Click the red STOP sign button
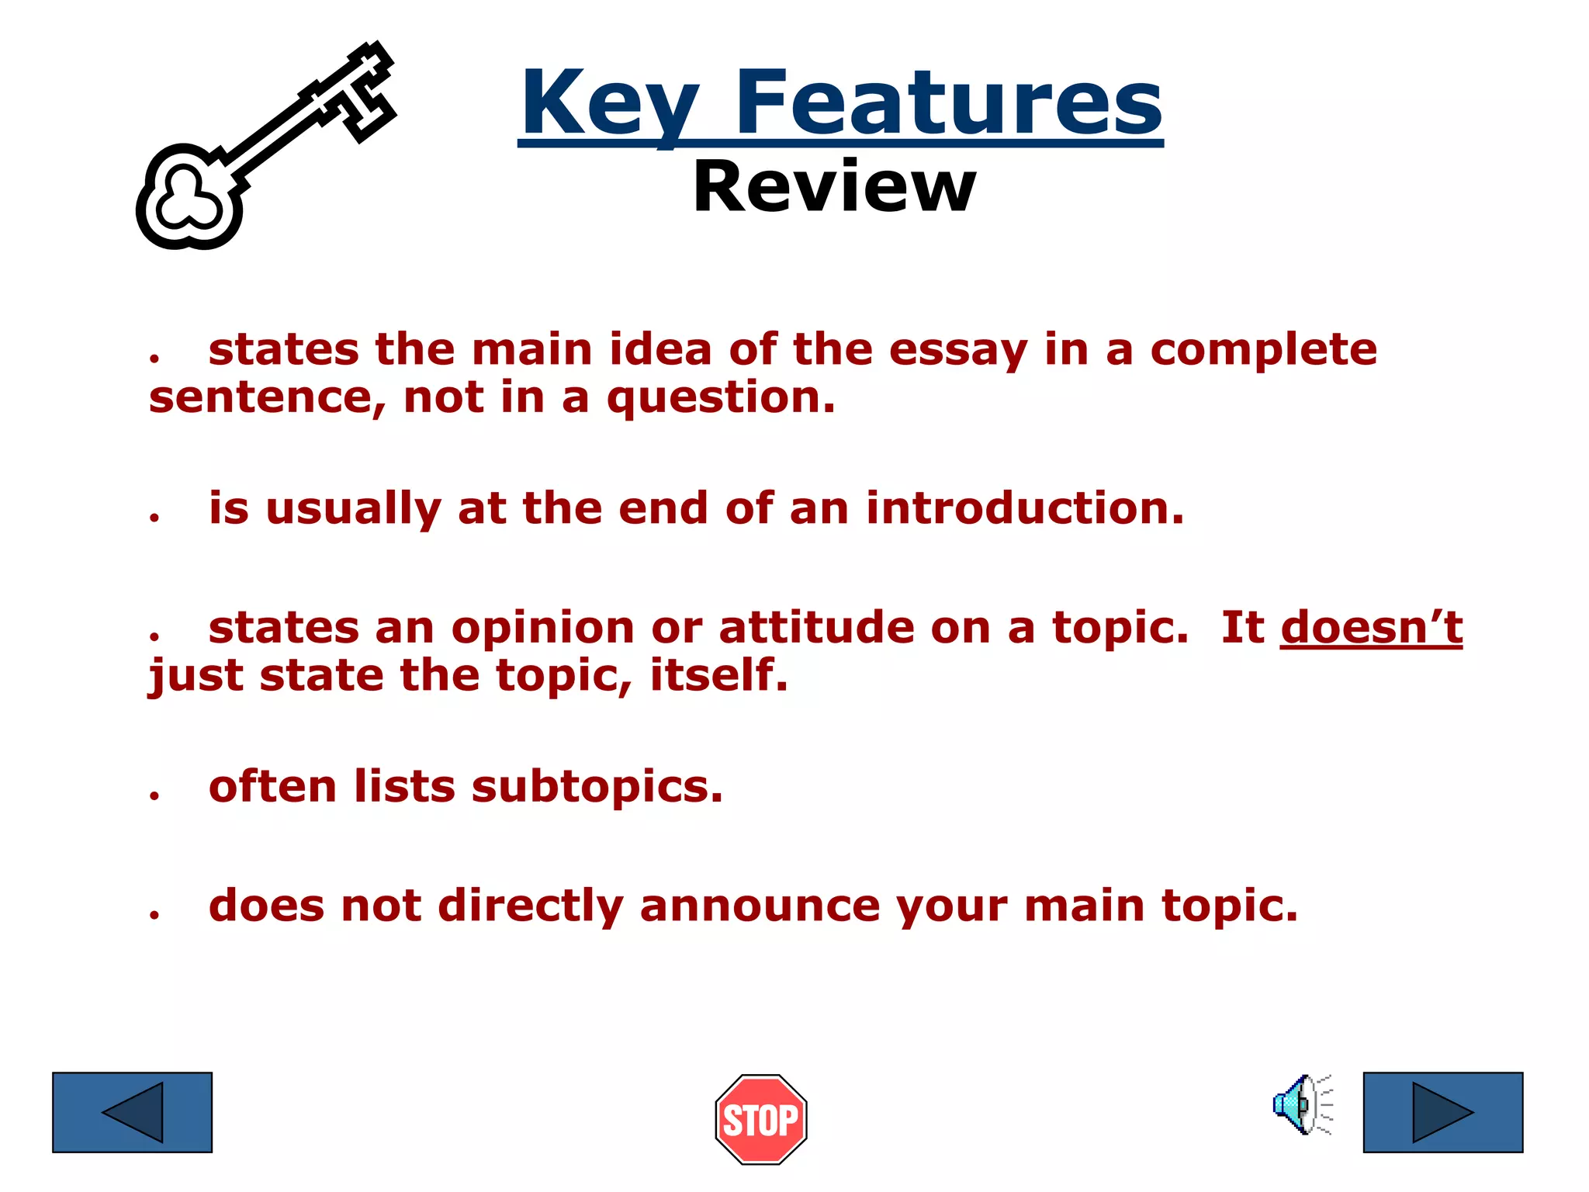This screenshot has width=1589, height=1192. coord(761,1119)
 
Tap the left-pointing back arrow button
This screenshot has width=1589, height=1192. coord(132,1112)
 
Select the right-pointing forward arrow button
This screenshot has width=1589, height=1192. coord(1443,1112)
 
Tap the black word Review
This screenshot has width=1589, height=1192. coord(834,187)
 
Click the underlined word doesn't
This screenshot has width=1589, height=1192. coord(1371,627)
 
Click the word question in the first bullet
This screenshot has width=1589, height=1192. coord(721,398)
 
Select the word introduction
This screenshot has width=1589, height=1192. coord(1025,508)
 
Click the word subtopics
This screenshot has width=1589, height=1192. coord(597,787)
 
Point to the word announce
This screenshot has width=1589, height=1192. coord(760,906)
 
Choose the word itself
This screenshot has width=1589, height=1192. coord(718,675)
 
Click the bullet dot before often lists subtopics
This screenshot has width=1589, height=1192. coord(155,795)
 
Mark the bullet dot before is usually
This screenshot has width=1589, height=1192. coord(155,518)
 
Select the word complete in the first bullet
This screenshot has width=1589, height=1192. coord(1263,350)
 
